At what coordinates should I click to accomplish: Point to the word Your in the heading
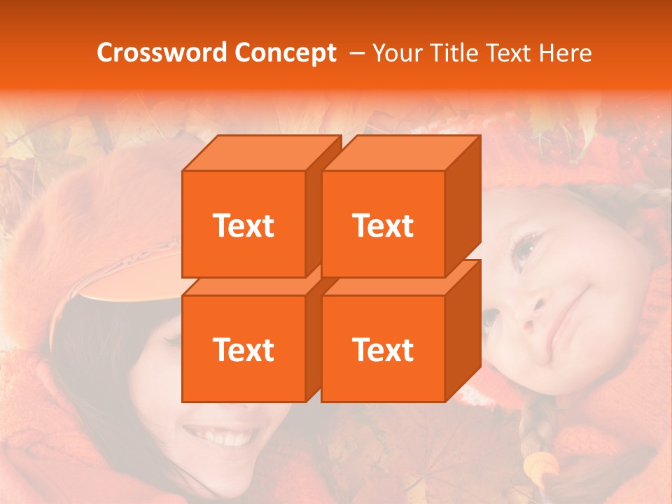398,52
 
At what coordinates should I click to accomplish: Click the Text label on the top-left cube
243,225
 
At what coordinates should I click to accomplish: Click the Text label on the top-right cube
383,225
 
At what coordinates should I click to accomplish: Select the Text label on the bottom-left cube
243,349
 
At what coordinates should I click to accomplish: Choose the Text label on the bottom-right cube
383,349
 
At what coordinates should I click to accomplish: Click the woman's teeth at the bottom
224,438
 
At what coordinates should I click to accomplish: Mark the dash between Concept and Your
356,52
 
